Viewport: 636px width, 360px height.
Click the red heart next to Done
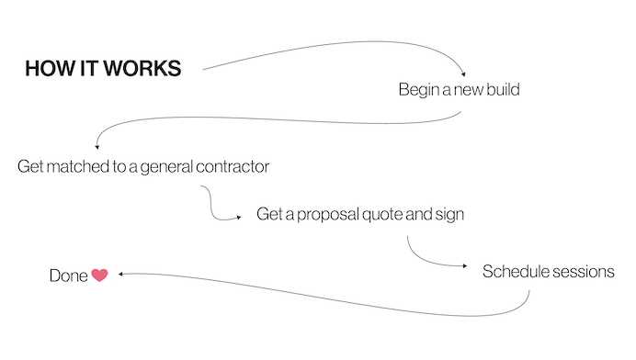[99, 275]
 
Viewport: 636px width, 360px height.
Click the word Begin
[418, 90]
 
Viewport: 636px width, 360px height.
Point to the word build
[505, 90]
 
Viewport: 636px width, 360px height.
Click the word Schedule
[516, 272]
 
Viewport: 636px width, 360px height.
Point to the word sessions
[583, 272]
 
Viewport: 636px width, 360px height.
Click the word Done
[68, 275]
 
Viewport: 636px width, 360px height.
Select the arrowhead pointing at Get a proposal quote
[244, 217]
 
